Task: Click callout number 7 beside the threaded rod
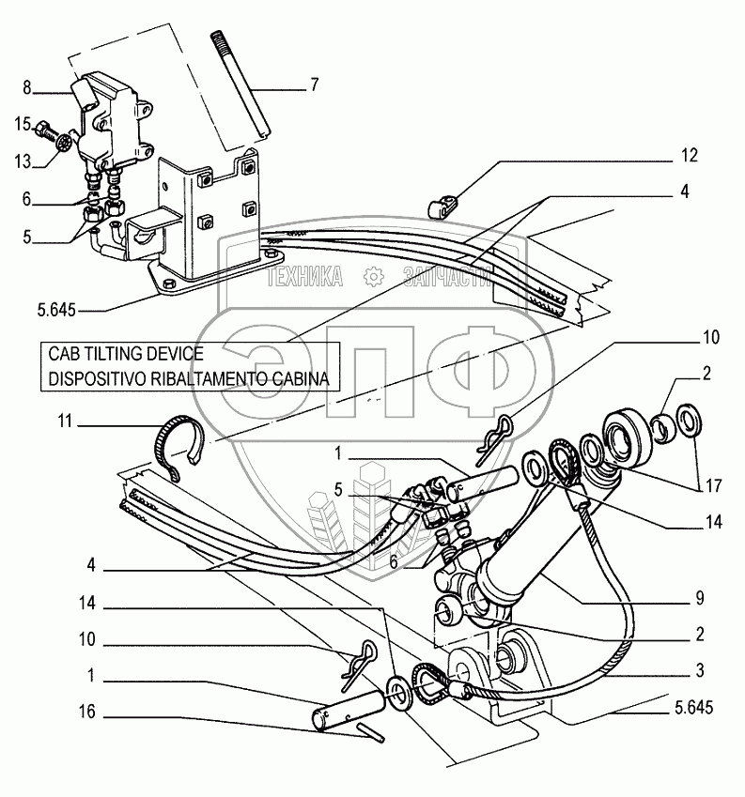(x=314, y=84)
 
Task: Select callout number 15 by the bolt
(x=22, y=123)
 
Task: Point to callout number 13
(x=22, y=162)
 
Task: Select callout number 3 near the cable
(x=701, y=671)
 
